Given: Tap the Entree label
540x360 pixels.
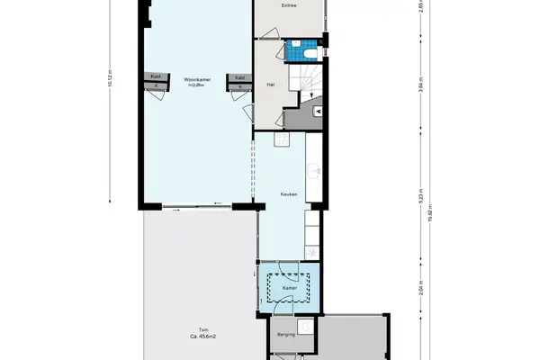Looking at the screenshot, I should tap(290, 5).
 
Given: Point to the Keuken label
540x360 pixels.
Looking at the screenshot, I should tap(289, 193).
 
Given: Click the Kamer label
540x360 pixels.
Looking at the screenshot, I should tap(289, 289).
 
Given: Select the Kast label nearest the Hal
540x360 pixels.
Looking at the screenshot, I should tap(239, 78).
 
